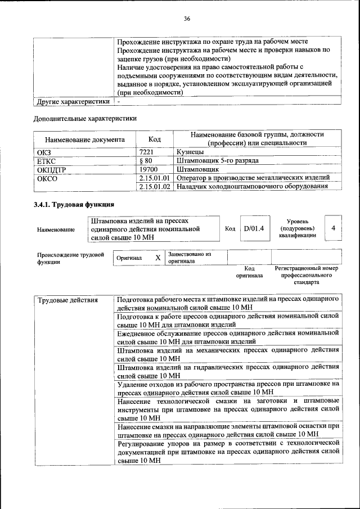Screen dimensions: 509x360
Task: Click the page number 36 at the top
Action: pyautogui.click(x=187, y=19)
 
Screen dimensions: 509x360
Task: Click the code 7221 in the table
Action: pyautogui.click(x=147, y=152)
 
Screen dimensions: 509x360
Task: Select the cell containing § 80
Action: pyautogui.click(x=146, y=160)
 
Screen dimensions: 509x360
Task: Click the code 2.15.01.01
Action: pyautogui.click(x=154, y=177)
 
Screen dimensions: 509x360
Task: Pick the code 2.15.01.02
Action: pyautogui.click(x=154, y=186)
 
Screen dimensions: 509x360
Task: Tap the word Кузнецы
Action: pyautogui.click(x=191, y=152)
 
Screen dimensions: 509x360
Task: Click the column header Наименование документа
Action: pyautogui.click(x=80, y=139)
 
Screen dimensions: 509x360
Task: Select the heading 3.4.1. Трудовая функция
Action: pyautogui.click(x=74, y=204)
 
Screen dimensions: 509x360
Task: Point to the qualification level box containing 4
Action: pyautogui.click(x=334, y=228)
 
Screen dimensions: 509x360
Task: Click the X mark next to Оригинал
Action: pyautogui.click(x=157, y=257)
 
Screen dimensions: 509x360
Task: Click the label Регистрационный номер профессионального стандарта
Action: pyautogui.click(x=307, y=276)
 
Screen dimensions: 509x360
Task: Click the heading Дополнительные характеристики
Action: pyautogui.click(x=84, y=119)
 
